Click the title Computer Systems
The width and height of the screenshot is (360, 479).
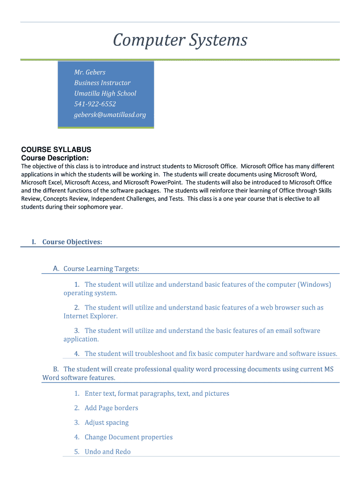click(x=180, y=41)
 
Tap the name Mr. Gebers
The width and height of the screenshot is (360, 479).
click(x=90, y=72)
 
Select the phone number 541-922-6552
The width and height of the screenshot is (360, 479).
click(x=95, y=104)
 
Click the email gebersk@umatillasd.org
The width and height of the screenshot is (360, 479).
click(x=110, y=115)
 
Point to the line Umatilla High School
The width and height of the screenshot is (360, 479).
click(x=105, y=93)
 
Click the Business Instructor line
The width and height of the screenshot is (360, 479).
click(x=102, y=83)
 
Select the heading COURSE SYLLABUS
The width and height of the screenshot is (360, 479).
click(x=56, y=150)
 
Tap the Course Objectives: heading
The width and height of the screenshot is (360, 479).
click(x=72, y=242)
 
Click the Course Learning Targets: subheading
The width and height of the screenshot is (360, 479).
click(x=101, y=269)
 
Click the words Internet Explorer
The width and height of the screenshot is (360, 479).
click(x=90, y=316)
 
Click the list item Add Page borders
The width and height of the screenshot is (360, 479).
click(x=111, y=408)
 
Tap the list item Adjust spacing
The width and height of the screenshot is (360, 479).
click(x=107, y=422)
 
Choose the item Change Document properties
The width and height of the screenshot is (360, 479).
click(x=129, y=437)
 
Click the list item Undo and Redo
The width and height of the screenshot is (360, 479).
click(x=108, y=451)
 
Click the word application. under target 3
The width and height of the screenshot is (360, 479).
click(x=81, y=339)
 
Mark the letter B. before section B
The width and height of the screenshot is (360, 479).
click(x=56, y=369)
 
